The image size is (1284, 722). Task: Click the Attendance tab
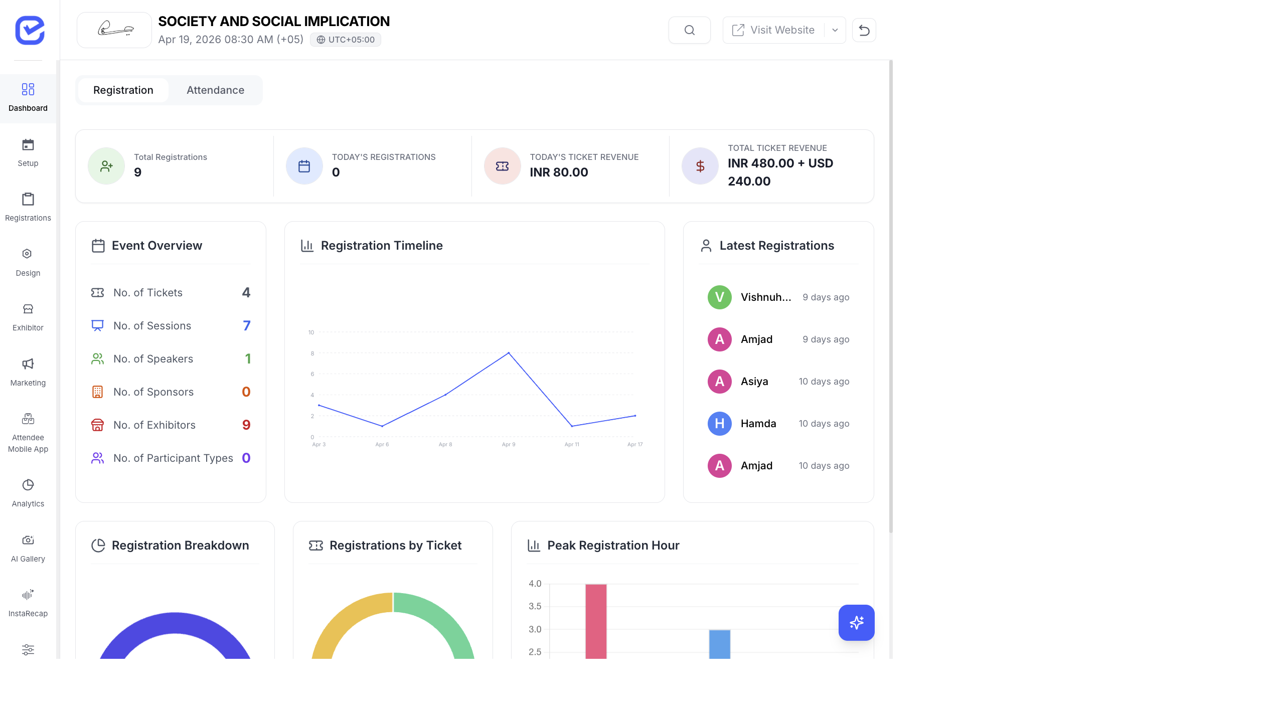pos(215,90)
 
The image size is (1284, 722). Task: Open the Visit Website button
pos(773,30)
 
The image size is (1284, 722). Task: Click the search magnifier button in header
pos(689,30)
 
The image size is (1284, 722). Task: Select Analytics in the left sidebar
pos(28,492)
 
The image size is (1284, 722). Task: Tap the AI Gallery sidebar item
pos(28,548)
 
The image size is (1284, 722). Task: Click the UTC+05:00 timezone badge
pos(346,40)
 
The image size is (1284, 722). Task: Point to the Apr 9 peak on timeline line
pos(509,353)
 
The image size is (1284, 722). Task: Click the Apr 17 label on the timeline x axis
pos(634,444)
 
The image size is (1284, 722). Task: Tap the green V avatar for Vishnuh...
pos(719,297)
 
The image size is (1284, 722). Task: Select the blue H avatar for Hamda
pos(719,424)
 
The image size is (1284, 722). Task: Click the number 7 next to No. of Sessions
pos(246,326)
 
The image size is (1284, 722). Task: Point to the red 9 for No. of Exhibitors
pos(246,425)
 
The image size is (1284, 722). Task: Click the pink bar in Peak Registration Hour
pos(596,622)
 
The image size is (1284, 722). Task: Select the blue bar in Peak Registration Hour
pos(719,644)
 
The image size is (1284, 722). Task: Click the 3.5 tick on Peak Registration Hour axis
pos(535,606)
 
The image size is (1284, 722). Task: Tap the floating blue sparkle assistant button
pos(856,622)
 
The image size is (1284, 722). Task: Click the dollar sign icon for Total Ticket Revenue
pos(700,166)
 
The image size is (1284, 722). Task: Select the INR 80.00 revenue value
pos(559,172)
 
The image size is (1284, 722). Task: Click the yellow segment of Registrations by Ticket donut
pos(341,622)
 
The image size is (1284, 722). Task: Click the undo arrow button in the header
pos(864,30)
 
